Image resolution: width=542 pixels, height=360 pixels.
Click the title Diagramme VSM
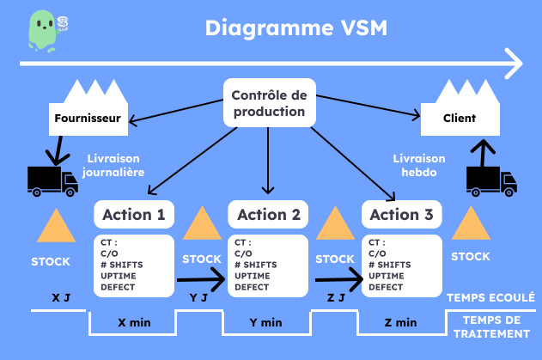pos(295,27)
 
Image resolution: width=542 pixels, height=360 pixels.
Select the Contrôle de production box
pos(269,103)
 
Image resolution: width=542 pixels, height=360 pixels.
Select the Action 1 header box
pos(133,214)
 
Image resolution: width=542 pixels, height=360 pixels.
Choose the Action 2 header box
pos(268,214)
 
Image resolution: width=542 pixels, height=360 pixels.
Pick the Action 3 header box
pos(403,214)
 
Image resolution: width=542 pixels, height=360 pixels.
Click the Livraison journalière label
pos(113,165)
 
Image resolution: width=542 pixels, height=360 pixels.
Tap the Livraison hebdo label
pos(419,165)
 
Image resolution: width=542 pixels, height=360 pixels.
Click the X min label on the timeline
pos(133,323)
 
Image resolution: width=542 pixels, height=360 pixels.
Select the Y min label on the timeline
pos(266,323)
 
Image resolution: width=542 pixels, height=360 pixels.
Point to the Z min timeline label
pos(400,323)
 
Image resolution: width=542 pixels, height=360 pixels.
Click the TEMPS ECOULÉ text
pos(490,297)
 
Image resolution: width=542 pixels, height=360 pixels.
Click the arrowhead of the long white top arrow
pos(513,63)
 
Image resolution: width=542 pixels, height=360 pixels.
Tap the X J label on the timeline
pos(61,298)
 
